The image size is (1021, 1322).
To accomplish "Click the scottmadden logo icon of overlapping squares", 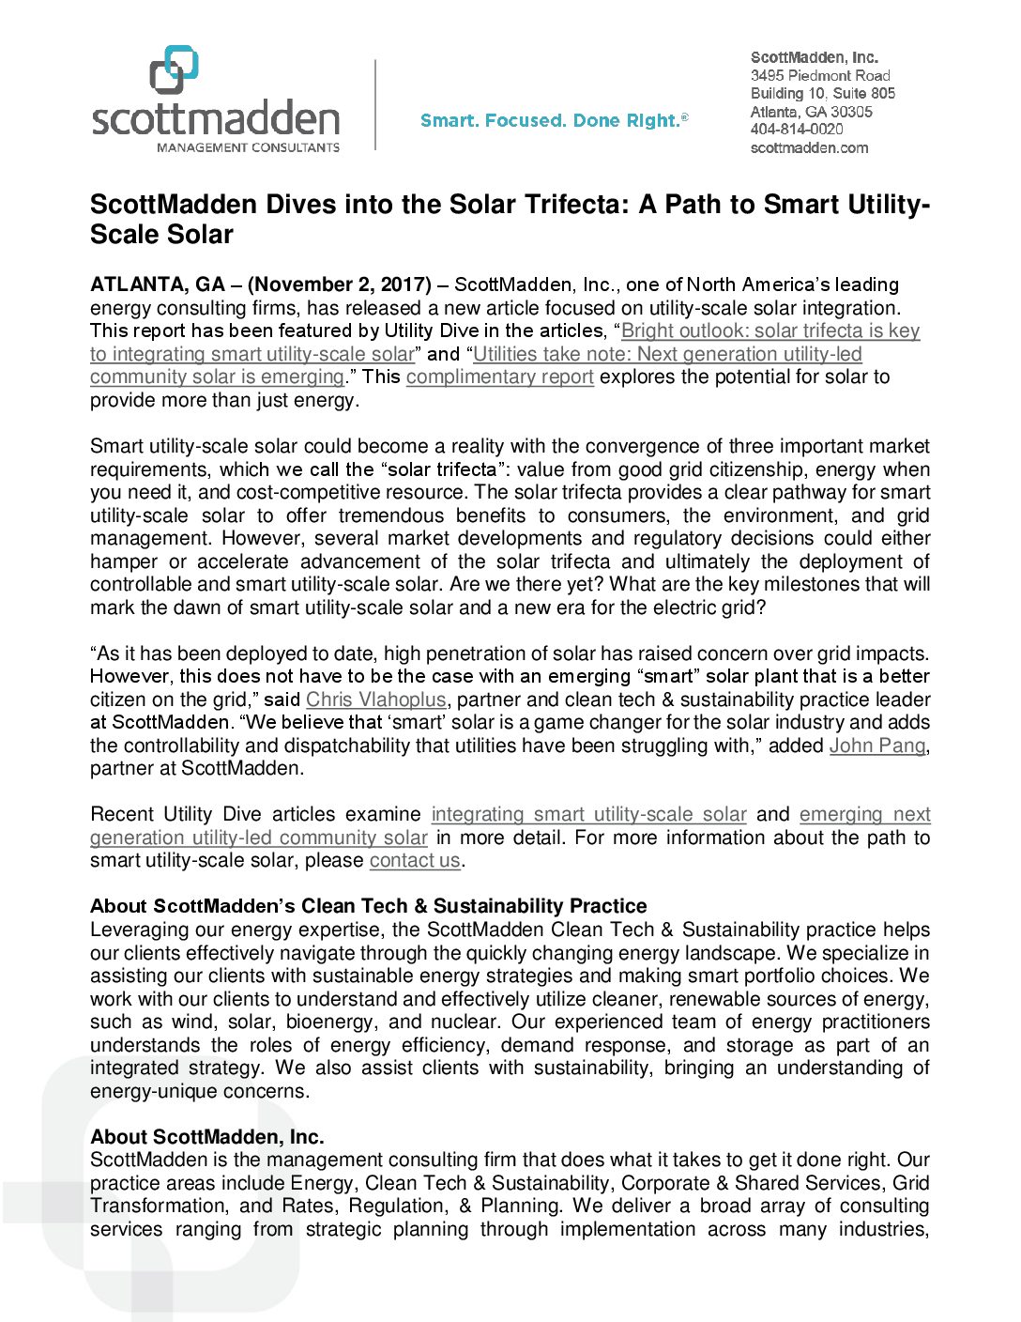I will click(x=175, y=70).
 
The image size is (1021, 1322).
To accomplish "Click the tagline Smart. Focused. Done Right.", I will click(x=554, y=121).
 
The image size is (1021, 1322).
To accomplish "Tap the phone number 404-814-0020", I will click(x=797, y=130).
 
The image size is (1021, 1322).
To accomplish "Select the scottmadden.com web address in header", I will click(x=809, y=147).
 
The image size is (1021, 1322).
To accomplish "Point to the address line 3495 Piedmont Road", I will click(x=820, y=75).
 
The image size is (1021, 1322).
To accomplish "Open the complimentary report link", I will click(x=499, y=377).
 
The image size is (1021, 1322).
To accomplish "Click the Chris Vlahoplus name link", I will click(x=375, y=699).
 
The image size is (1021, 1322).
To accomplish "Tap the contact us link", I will click(x=415, y=860).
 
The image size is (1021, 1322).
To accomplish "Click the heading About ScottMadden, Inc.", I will click(x=207, y=1137).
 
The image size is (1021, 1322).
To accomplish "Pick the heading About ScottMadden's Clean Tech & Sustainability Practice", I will click(x=368, y=906).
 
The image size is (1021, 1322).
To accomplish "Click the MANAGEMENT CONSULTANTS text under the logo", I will click(x=248, y=147).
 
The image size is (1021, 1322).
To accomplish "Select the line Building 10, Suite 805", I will click(x=823, y=93).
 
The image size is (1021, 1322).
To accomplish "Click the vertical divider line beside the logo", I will click(x=375, y=105).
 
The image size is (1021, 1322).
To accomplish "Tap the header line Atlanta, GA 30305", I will click(x=812, y=112).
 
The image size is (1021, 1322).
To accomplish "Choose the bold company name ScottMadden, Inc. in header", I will click(x=815, y=57).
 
